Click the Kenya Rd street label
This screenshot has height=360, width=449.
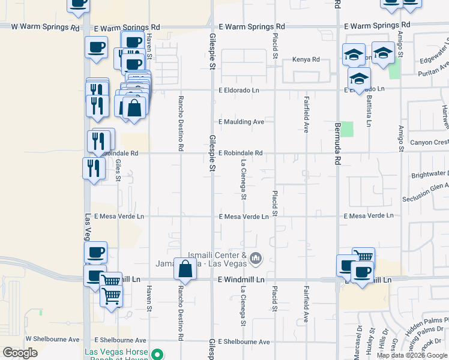tap(306, 59)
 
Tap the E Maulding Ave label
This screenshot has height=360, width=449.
tap(241, 122)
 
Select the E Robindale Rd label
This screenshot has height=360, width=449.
tap(241, 153)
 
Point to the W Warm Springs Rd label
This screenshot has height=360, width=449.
tap(45, 28)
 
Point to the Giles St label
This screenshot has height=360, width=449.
tap(118, 170)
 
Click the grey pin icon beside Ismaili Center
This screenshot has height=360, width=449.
tap(256, 259)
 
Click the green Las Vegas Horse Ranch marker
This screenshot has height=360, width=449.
tap(157, 354)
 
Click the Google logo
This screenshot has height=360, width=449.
tap(20, 353)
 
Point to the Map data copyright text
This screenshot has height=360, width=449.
tap(411, 355)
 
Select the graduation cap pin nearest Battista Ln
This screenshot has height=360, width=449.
tap(359, 79)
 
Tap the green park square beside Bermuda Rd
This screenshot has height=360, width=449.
tap(347, 129)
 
